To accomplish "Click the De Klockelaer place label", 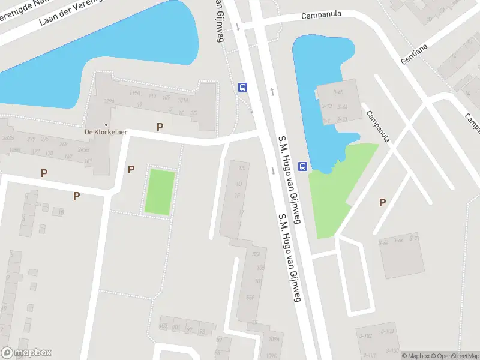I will click(x=106, y=133).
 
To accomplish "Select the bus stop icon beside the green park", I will click(x=303, y=166).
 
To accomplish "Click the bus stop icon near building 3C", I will click(x=242, y=88).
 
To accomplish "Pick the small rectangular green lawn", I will click(x=160, y=192).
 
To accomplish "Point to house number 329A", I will click(x=109, y=101).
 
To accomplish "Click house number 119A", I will click(x=134, y=93).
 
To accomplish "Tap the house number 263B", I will click(x=8, y=137).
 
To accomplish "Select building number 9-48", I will click(x=338, y=92).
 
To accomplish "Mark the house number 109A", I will click(x=274, y=340).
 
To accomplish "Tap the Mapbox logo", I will click(x=26, y=353).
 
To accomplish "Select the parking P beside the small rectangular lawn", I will click(x=131, y=170).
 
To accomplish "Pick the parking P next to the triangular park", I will click(x=382, y=203).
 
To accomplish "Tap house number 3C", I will click(x=194, y=113).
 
